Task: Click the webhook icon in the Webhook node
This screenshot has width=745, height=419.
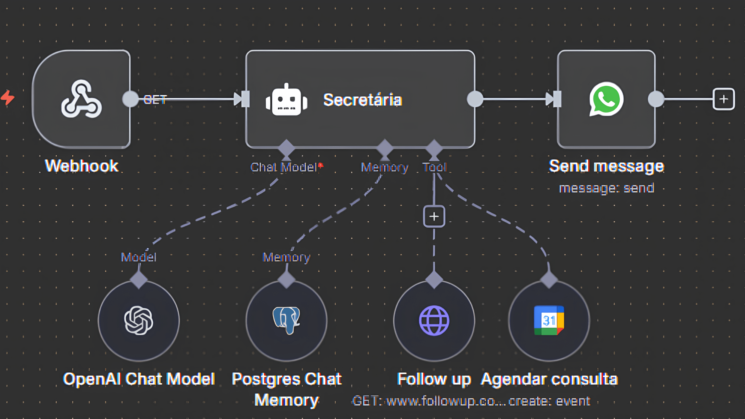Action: [x=81, y=99]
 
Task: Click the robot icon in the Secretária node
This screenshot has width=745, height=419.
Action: [x=286, y=100]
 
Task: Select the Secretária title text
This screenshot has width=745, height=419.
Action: [x=362, y=100]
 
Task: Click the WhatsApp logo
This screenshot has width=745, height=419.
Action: [x=606, y=99]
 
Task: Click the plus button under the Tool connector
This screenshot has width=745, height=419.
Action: [x=434, y=216]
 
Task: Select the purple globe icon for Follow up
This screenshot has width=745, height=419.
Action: [x=434, y=320]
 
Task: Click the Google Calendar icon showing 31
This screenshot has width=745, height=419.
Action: [x=549, y=320]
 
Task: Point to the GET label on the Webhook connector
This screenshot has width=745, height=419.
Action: [x=155, y=100]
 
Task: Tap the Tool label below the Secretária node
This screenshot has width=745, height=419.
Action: [x=434, y=167]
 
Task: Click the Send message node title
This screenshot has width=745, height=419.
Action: [x=606, y=166]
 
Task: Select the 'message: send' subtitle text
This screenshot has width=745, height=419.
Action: [x=606, y=188]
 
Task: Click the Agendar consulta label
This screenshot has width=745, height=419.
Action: [x=549, y=379]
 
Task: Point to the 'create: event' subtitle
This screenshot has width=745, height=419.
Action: [x=549, y=401]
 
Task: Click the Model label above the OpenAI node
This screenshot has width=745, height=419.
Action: [x=139, y=257]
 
